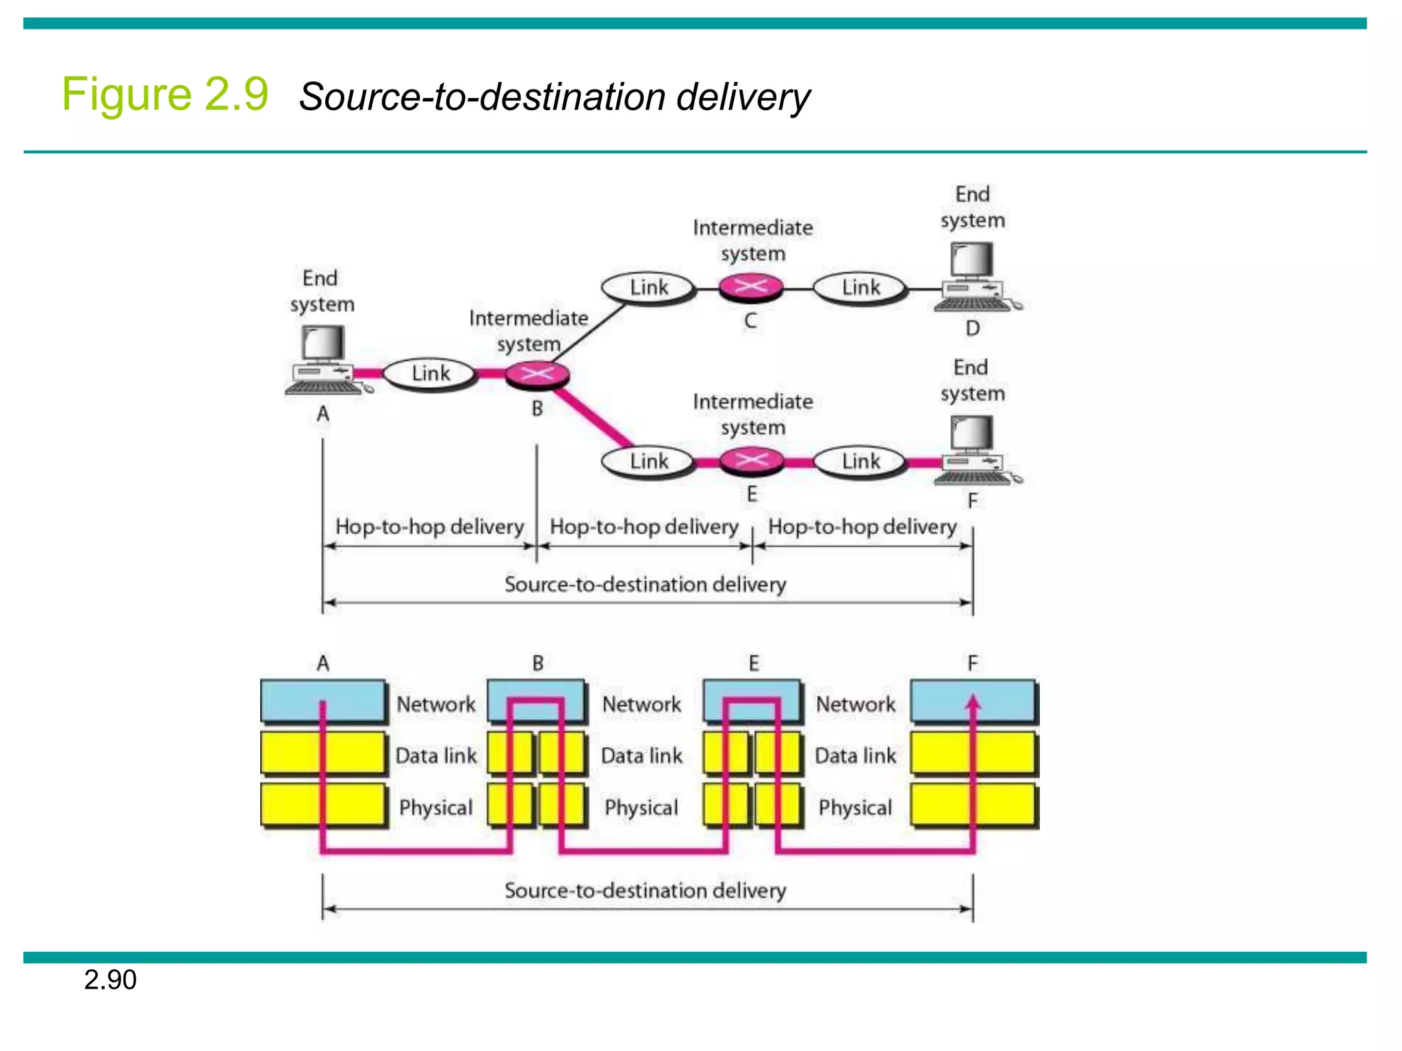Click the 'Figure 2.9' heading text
tap(165, 94)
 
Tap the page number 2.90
tap(110, 980)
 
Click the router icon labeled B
tap(537, 374)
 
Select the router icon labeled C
tap(751, 287)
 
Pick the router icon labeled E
tap(752, 460)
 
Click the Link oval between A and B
tap(430, 374)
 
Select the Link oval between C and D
tap(860, 287)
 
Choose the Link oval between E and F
tap(860, 461)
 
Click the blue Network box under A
tap(322, 701)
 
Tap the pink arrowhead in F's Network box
tap(973, 703)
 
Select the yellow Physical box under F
tap(973, 805)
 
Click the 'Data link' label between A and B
tap(436, 755)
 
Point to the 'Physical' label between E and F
tap(855, 807)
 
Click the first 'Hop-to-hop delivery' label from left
tap(429, 526)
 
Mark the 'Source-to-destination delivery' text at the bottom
tap(646, 890)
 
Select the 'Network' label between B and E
tap(641, 704)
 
